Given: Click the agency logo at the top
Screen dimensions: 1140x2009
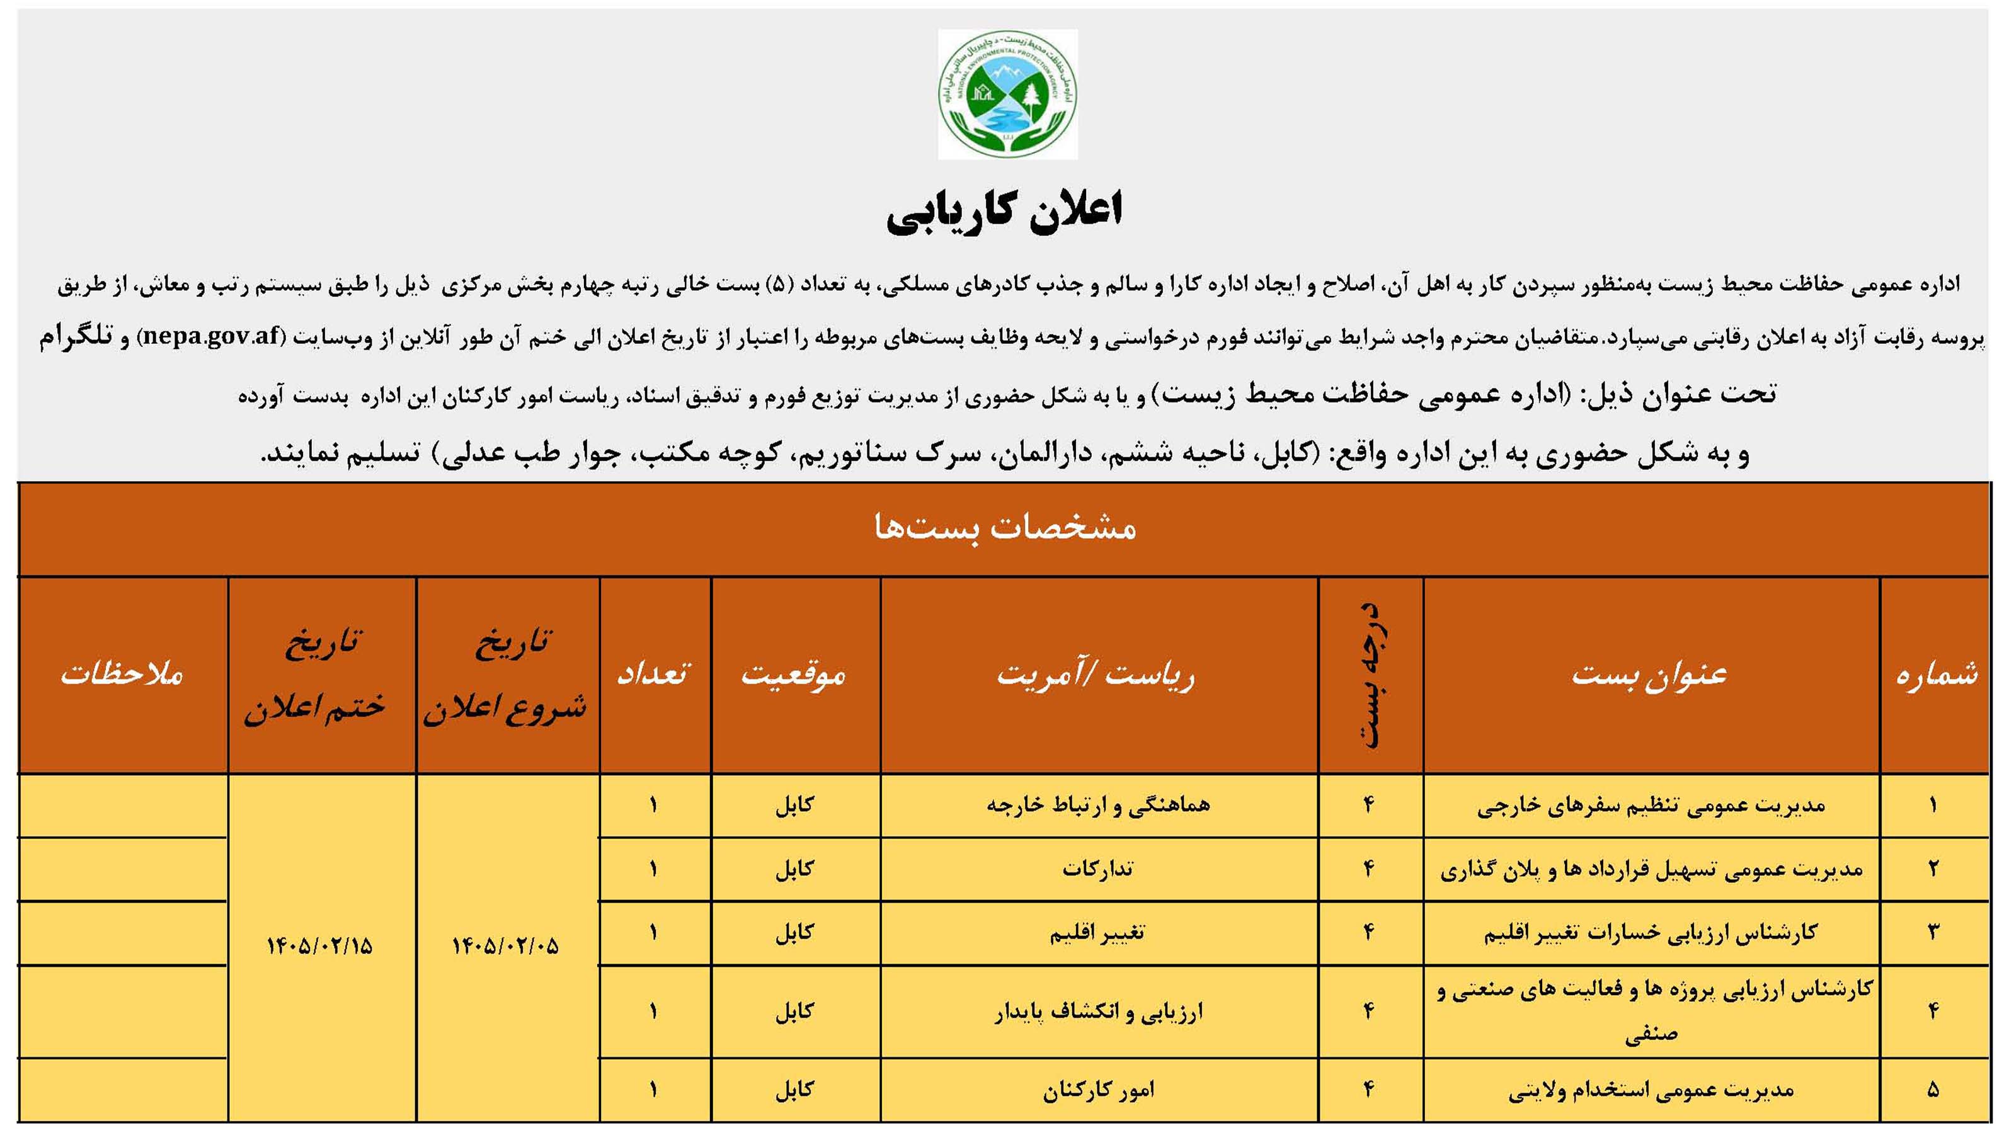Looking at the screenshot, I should pyautogui.click(x=1007, y=94).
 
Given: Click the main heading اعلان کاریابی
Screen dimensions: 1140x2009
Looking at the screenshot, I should pyautogui.click(x=1004, y=212).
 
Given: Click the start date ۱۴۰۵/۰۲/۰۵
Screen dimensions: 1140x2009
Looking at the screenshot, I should pyautogui.click(x=506, y=947).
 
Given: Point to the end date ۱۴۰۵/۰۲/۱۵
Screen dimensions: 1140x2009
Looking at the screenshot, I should pyautogui.click(x=319, y=947).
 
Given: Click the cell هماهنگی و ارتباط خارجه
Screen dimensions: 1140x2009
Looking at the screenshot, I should pyautogui.click(x=1097, y=805).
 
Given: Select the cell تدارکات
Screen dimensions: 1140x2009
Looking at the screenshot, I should pyautogui.click(x=1097, y=869).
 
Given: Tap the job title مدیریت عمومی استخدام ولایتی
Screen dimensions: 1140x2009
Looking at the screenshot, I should pyautogui.click(x=1651, y=1090).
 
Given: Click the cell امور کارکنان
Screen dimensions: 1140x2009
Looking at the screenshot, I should pyautogui.click(x=1097, y=1090).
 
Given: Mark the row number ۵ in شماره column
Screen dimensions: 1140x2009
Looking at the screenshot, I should pyautogui.click(x=1933, y=1090).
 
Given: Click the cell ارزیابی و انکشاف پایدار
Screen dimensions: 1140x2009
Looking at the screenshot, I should pyautogui.click(x=1097, y=1012).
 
